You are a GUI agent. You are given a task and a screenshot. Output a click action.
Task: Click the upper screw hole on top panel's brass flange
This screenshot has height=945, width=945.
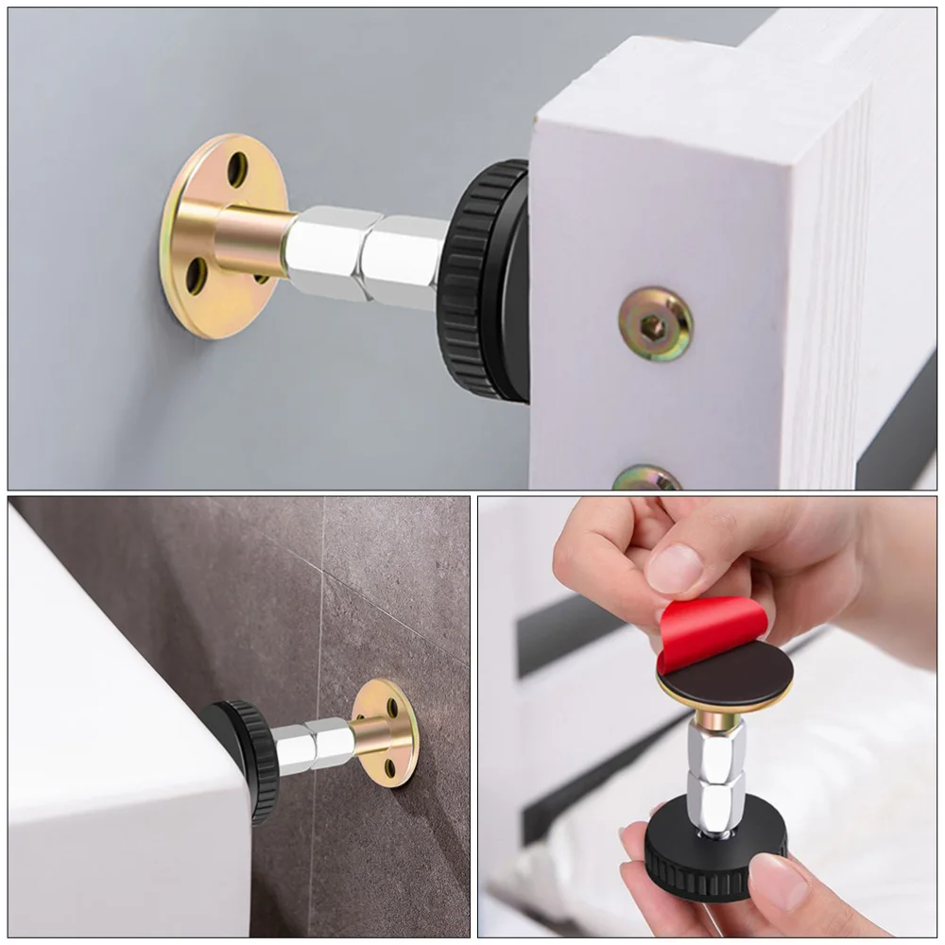pyautogui.click(x=237, y=169)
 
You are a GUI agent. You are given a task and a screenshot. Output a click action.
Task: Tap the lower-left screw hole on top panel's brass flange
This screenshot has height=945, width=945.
pyautogui.click(x=196, y=275)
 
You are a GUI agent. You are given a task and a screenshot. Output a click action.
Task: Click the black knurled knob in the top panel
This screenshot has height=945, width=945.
pyautogui.click(x=482, y=280)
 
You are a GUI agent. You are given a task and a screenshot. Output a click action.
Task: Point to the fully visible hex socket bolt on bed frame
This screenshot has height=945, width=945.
pyautogui.click(x=656, y=324)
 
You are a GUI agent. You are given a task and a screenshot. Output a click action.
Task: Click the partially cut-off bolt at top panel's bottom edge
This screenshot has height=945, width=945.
pyautogui.click(x=647, y=478)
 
